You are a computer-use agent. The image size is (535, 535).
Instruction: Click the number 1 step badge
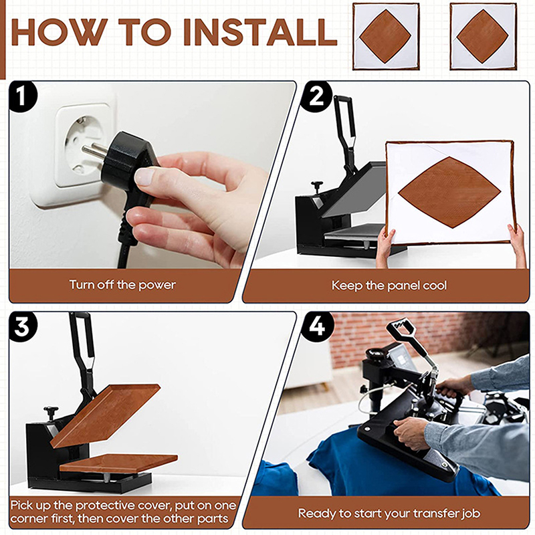(22, 96)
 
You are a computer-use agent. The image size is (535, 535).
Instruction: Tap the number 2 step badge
(316, 96)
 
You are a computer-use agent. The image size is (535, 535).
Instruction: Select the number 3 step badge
(22, 327)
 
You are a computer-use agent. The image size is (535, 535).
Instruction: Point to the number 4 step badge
(316, 327)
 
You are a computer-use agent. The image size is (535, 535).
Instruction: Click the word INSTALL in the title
(260, 32)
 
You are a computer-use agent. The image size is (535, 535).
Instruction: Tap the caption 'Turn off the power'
(122, 285)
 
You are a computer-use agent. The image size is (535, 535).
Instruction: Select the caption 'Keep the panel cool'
(389, 286)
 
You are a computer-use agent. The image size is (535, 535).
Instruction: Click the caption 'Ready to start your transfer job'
(389, 513)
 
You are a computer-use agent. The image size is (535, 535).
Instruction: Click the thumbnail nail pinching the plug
(144, 177)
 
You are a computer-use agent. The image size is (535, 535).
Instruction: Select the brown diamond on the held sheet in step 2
(449, 193)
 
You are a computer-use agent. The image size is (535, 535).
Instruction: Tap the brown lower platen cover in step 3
(118, 463)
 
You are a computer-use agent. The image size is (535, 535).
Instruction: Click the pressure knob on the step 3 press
(51, 412)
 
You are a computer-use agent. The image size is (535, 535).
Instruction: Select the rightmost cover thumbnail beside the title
(483, 37)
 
